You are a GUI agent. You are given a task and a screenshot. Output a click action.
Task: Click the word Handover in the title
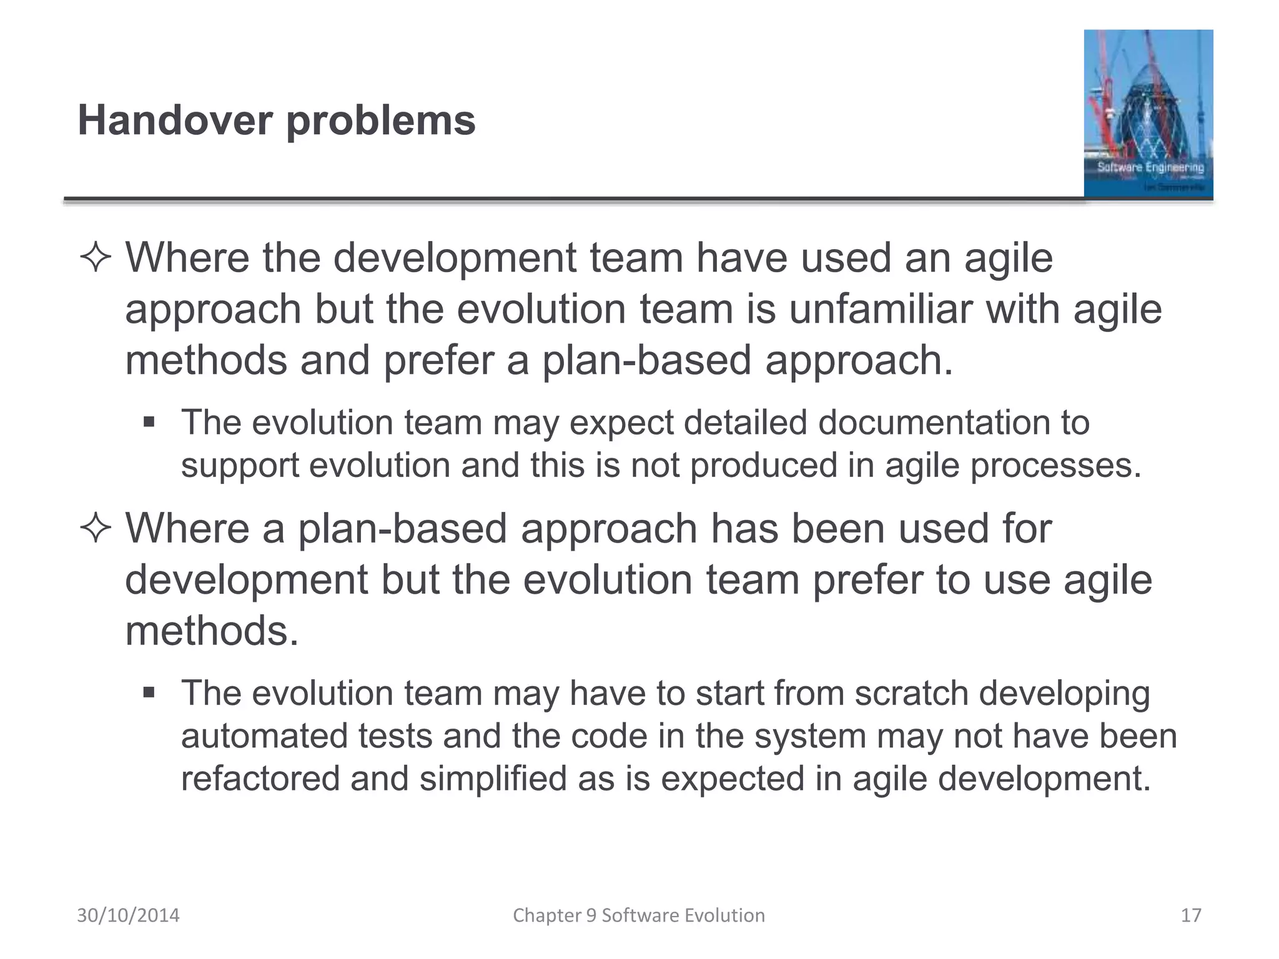pyautogui.click(x=175, y=120)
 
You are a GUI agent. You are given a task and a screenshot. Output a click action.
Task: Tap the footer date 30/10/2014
pyautogui.click(x=128, y=915)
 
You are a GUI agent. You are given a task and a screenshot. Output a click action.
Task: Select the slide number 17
pyautogui.click(x=1191, y=915)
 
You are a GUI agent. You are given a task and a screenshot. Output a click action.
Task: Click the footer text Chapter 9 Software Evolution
pyautogui.click(x=639, y=915)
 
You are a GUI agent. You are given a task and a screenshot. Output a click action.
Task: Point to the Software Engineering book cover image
pyautogui.click(x=1148, y=114)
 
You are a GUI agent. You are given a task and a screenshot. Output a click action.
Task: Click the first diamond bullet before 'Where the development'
pyautogui.click(x=96, y=258)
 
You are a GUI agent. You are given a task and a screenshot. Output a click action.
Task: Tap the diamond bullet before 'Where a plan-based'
pyautogui.click(x=96, y=529)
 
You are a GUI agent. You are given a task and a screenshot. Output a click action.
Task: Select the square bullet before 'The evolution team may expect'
pyautogui.click(x=149, y=423)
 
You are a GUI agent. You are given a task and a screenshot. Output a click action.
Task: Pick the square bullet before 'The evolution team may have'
pyautogui.click(x=149, y=693)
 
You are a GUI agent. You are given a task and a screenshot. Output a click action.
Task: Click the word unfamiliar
pyautogui.click(x=880, y=309)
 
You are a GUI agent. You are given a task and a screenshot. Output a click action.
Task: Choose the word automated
pyautogui.click(x=263, y=736)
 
